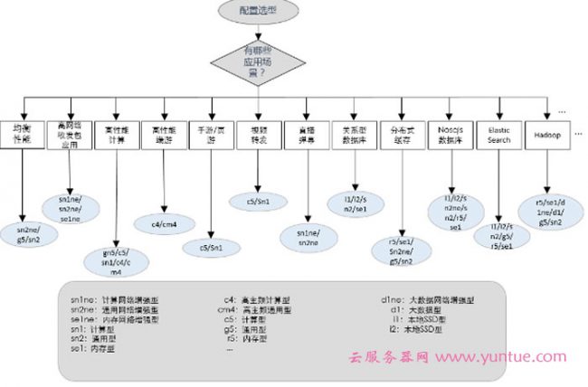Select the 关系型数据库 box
pyautogui.click(x=351, y=135)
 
